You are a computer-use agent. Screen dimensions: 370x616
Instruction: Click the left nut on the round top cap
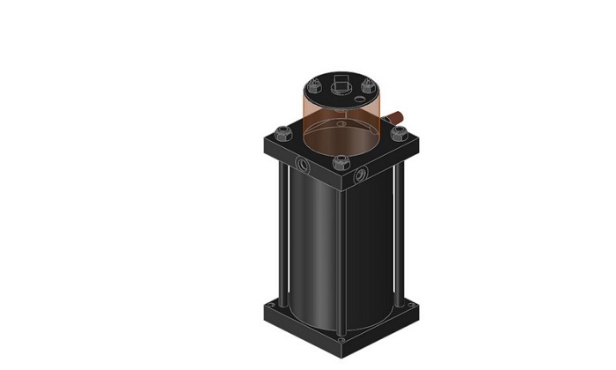coord(314,86)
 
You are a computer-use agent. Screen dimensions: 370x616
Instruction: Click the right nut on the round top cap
coord(365,86)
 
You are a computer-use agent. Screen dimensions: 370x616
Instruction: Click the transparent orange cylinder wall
coord(317,115)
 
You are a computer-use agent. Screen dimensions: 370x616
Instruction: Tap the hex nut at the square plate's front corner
coord(341,162)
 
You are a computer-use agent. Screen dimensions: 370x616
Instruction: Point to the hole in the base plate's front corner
coord(341,338)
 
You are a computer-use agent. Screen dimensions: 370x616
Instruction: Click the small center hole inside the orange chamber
coord(341,124)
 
